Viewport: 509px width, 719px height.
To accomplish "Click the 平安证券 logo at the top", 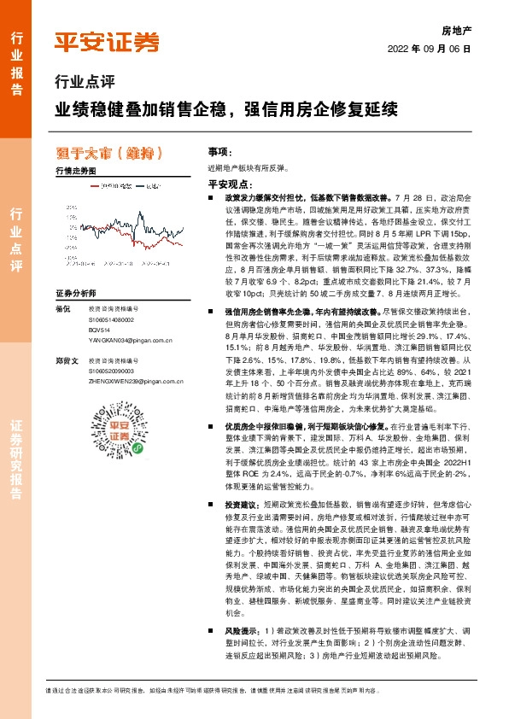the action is (107, 42).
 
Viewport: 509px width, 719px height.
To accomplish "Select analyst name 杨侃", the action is (62, 307).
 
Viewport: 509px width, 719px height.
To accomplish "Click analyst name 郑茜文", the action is (65, 362).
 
